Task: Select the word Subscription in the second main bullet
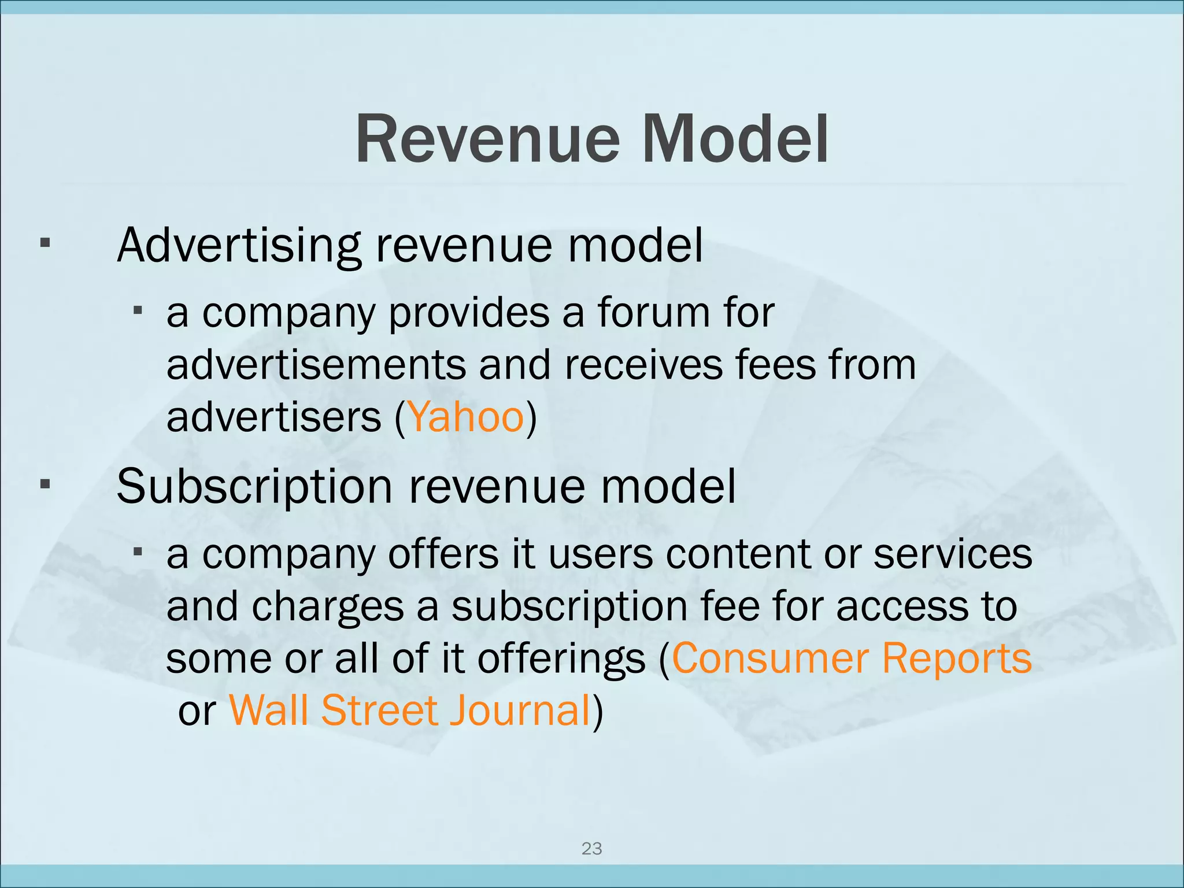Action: pyautogui.click(x=254, y=487)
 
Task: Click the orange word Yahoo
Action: pyautogui.click(x=466, y=417)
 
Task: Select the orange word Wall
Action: pyautogui.click(x=269, y=711)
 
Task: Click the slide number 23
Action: pyautogui.click(x=591, y=849)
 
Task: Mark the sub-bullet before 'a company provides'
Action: pyautogui.click(x=138, y=311)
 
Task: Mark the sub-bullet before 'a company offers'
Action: pyautogui.click(x=138, y=552)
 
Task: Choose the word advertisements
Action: pyautogui.click(x=316, y=365)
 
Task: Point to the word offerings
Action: pyautogui.click(x=561, y=658)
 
